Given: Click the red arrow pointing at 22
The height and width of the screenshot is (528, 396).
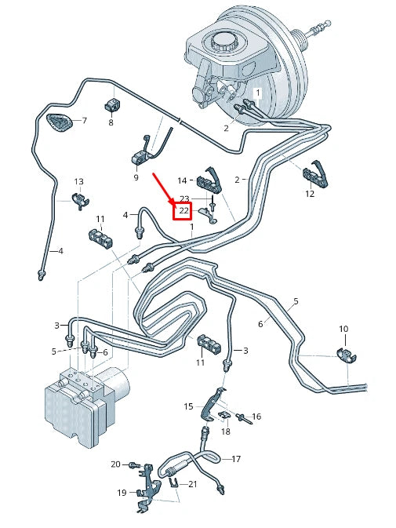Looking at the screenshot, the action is [x=163, y=188].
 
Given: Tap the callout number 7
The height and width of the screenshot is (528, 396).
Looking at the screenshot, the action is [x=85, y=120].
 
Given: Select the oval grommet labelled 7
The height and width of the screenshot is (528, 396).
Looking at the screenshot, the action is [x=60, y=123].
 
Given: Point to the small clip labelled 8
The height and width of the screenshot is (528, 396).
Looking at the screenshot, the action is [x=112, y=104].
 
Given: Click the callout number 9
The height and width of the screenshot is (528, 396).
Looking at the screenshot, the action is [x=136, y=177].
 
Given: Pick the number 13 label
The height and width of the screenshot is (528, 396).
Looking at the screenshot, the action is [x=78, y=182].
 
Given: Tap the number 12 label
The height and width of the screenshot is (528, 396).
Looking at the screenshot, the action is [x=310, y=194].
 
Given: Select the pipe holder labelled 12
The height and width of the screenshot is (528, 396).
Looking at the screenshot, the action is [x=315, y=173].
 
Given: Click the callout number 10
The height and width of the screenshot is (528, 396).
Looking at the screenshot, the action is [x=343, y=329].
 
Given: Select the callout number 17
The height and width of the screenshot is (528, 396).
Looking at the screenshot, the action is [x=236, y=459].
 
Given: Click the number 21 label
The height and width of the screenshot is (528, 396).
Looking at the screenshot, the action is [x=192, y=484].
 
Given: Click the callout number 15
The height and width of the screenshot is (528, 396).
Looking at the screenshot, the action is [x=188, y=406].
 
